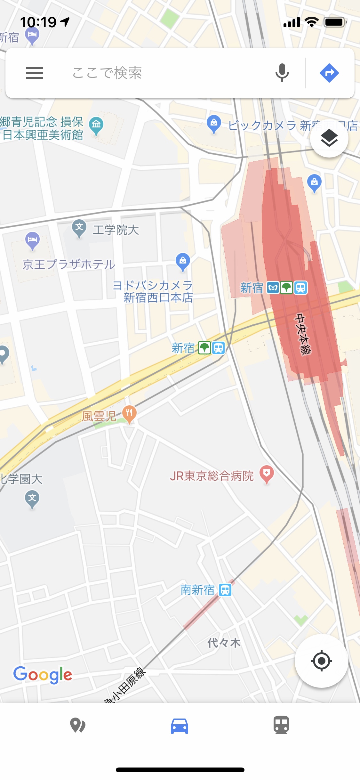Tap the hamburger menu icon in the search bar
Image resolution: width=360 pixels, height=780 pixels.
coord(35,73)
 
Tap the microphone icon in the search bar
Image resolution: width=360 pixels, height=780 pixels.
coord(282,73)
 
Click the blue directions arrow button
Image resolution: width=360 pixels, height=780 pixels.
coord(329,73)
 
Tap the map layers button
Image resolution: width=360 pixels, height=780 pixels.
coord(329,138)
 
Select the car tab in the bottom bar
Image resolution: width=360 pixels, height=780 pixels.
coord(180,726)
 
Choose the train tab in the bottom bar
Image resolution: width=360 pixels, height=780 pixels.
coord(281,725)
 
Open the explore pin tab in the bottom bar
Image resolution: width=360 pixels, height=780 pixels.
coord(77,725)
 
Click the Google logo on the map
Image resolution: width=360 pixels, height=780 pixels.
coord(43,674)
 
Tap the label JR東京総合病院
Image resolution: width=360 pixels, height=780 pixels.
coord(212,476)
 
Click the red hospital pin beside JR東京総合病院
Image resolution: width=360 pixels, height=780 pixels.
coord(267,474)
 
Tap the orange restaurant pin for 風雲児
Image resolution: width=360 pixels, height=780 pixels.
coord(129,414)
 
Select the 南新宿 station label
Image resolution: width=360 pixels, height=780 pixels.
coord(197,590)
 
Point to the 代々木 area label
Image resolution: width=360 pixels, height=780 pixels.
coord(224,642)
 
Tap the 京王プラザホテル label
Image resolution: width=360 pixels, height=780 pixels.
coord(69,264)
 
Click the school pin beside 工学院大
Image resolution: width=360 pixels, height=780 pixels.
coord(79,228)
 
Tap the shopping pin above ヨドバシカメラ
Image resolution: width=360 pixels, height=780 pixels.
coord(183,262)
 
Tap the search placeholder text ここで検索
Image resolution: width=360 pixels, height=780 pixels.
coord(107,73)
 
